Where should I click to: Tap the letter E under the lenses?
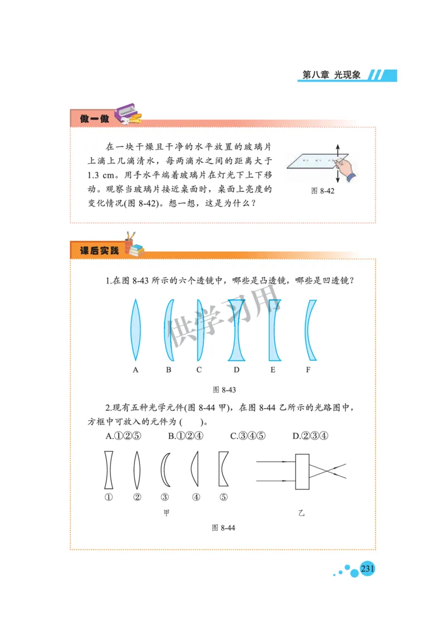pos(273,370)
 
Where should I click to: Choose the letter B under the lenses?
pos(168,370)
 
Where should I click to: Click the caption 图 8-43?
pos(225,389)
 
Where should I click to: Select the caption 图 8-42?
pos(322,190)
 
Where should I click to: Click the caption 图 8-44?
pos(224,528)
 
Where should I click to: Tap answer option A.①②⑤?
pos(121,436)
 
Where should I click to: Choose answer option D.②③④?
pos(310,436)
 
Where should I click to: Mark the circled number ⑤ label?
pos(224,497)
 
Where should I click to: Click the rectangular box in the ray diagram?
pos(302,471)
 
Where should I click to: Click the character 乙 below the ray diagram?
pos(301,513)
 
